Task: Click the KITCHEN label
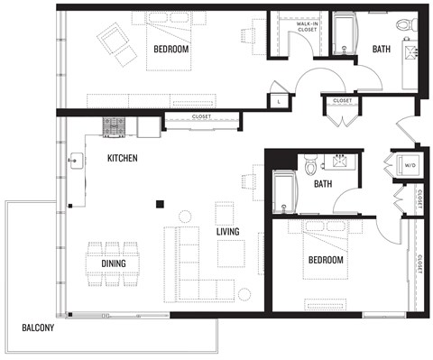coord(123,158)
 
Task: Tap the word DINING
coord(114,263)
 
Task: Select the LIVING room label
coord(227,232)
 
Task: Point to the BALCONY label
coord(38,328)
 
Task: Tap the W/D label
coord(410,166)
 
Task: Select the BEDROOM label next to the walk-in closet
coord(170,49)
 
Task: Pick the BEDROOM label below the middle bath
coord(326,260)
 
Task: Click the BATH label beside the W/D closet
coord(323,184)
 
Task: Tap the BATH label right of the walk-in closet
coord(382,49)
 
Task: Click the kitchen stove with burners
coord(115,127)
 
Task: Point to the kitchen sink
coord(74,163)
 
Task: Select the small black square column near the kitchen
coord(159,204)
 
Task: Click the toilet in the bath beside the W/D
coord(310,165)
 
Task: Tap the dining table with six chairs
coord(114,263)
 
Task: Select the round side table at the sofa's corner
coord(244,294)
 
